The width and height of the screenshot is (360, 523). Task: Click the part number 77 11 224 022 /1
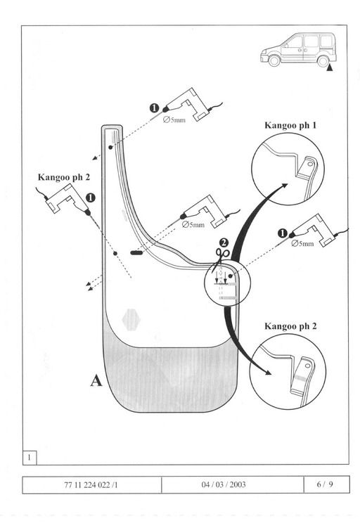tap(91, 484)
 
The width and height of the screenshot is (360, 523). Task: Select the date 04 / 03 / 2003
tap(224, 484)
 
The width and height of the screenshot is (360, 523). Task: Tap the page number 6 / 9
tap(325, 484)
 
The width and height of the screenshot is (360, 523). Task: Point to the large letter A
tap(96, 380)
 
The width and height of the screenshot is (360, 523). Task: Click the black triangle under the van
tap(330, 68)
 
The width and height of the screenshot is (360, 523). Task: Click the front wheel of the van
tap(274, 61)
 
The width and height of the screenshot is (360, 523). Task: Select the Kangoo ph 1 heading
tap(290, 125)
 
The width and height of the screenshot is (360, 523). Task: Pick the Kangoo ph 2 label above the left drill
tap(64, 176)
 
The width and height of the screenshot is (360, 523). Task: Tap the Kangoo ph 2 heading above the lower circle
tap(290, 326)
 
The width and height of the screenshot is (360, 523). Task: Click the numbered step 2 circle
tap(224, 243)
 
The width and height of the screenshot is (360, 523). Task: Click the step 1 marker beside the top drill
tap(154, 108)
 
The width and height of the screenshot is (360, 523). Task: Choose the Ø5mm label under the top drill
tap(174, 120)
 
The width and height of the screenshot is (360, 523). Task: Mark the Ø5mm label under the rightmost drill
tap(302, 243)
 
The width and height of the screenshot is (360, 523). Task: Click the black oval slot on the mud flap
tap(136, 252)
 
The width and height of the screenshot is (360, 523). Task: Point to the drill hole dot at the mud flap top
tap(110, 147)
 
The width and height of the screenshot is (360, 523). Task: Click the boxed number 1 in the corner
tap(30, 458)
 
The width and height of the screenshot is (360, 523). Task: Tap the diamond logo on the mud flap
tap(131, 320)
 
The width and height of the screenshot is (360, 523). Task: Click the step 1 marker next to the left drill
tap(91, 198)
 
